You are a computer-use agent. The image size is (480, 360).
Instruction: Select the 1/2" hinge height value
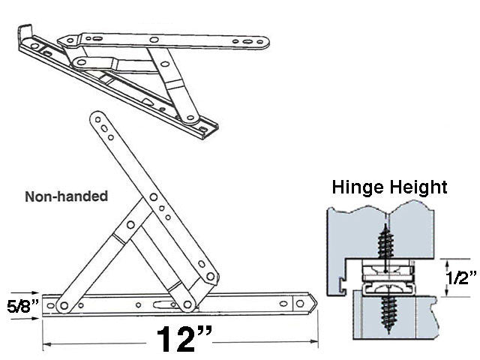click(x=461, y=278)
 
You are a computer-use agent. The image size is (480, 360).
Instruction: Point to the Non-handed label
click(x=67, y=196)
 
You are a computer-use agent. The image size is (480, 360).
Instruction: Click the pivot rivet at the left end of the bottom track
click(x=64, y=304)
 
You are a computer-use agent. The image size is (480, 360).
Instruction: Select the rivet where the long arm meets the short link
click(x=210, y=277)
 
